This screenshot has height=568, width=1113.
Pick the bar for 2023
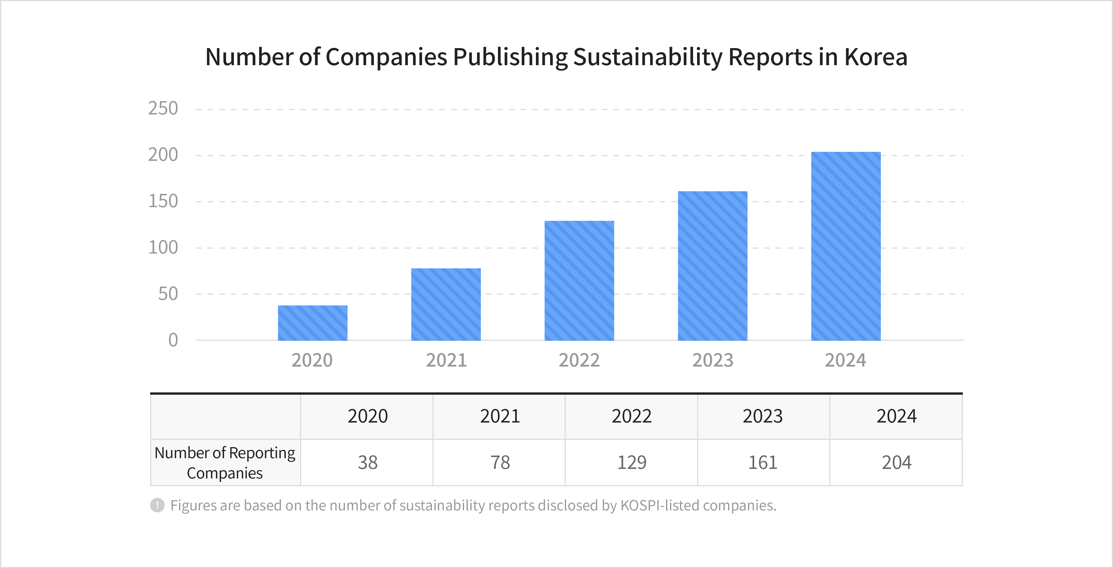point(712,266)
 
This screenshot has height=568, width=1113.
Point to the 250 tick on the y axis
point(163,108)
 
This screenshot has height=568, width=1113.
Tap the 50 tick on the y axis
point(168,294)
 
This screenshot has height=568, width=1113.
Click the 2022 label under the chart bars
point(579,360)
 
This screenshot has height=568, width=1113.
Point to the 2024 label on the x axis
point(845,360)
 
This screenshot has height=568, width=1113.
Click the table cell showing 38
point(367,463)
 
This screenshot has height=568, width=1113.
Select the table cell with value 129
point(631,463)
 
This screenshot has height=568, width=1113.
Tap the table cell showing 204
point(896,463)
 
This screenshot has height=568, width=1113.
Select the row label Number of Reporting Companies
point(225,463)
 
